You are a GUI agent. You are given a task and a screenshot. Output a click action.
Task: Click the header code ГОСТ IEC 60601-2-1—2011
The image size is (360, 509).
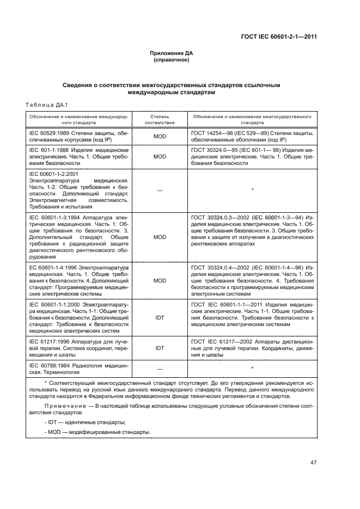point(279,37)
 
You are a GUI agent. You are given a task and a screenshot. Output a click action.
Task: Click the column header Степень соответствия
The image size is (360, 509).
point(160,120)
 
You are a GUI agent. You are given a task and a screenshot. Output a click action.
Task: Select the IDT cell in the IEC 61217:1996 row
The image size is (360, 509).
point(160,347)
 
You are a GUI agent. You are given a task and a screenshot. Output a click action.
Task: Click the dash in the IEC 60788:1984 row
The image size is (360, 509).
point(160,369)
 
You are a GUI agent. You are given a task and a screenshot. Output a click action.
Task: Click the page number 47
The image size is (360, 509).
point(313,463)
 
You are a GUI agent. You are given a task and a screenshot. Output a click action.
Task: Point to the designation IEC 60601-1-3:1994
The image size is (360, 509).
point(54,217)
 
